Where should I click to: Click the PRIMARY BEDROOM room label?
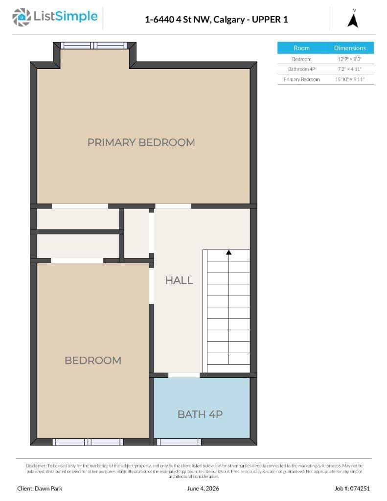point(141,142)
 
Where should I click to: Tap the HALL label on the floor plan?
point(179,280)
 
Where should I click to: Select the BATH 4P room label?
point(200,414)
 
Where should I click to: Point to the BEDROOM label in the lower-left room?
point(93,360)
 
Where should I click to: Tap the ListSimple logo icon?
point(22,17)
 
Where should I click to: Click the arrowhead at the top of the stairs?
point(229,252)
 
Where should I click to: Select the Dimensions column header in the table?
point(350,48)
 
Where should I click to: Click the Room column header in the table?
point(302,48)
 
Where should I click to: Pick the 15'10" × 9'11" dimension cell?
point(350,79)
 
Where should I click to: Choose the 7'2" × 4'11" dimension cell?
point(350,69)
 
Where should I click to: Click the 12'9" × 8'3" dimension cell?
point(350,59)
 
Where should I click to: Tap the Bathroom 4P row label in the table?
point(302,69)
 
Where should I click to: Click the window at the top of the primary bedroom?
point(94,46)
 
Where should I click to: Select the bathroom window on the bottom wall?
point(179,442)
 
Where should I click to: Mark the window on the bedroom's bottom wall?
point(88,442)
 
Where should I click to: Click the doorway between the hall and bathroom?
point(184,375)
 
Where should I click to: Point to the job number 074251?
point(352,488)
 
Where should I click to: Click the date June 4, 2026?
point(203,488)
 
